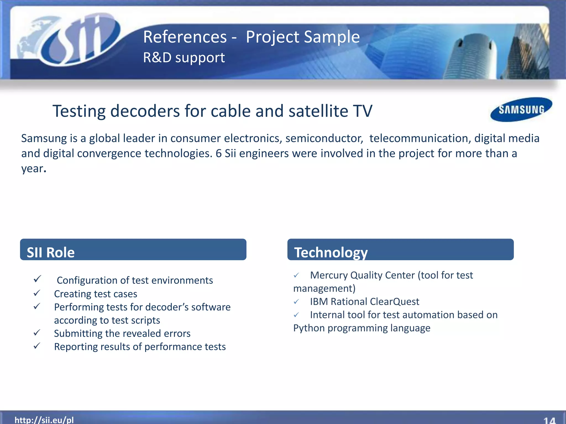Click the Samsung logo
click(x=521, y=110)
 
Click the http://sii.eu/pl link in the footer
click(x=44, y=420)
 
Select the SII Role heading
click(x=51, y=252)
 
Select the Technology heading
click(x=331, y=252)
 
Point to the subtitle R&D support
click(x=184, y=57)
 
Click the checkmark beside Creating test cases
click(x=37, y=293)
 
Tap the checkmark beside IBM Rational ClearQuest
click(x=296, y=301)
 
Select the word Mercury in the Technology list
click(x=329, y=275)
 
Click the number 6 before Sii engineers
click(x=219, y=153)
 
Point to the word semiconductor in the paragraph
click(x=324, y=138)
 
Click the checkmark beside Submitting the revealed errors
click(x=37, y=333)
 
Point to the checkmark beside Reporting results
click(x=37, y=346)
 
